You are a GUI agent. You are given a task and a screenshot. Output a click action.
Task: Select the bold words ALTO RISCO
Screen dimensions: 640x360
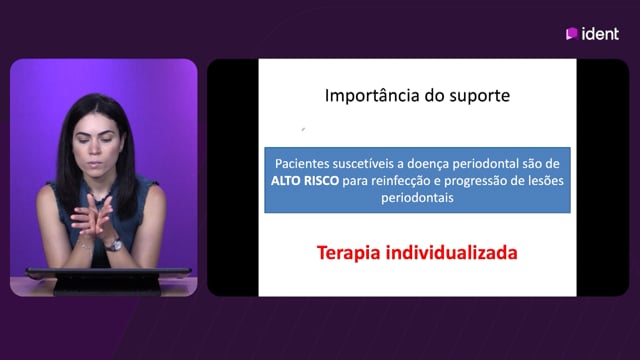click(305, 180)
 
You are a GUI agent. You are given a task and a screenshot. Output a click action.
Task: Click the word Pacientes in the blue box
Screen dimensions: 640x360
click(302, 163)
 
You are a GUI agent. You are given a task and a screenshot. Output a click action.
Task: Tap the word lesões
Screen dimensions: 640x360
click(546, 180)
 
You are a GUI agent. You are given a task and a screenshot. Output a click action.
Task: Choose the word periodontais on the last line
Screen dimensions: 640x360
click(417, 198)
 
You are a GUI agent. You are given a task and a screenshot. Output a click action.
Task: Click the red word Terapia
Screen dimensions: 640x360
click(349, 253)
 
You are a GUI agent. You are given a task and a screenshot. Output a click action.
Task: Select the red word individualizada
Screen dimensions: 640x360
click(452, 252)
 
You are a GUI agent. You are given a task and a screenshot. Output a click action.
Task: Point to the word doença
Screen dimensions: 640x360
click(428, 164)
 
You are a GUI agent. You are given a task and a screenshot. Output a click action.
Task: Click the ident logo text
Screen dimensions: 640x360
click(600, 34)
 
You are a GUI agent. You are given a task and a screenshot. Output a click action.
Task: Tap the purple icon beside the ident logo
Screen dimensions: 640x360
click(571, 34)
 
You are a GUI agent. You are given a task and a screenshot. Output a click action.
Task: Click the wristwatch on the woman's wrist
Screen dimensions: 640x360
click(115, 245)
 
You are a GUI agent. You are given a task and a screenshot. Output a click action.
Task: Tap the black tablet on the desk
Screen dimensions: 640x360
click(108, 280)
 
